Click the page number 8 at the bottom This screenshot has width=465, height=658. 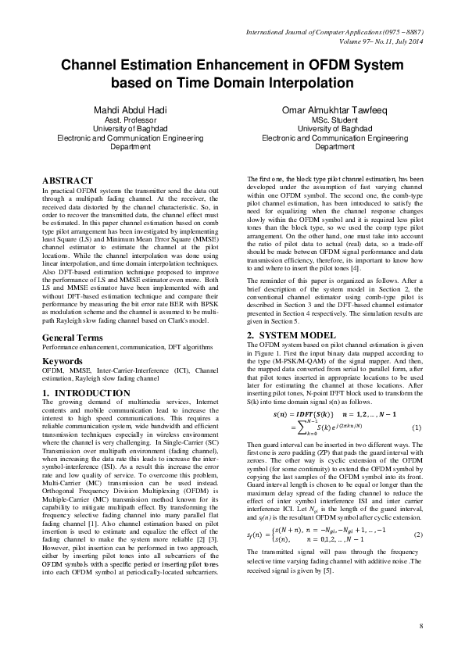(421, 627)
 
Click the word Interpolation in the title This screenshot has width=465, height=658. (307, 81)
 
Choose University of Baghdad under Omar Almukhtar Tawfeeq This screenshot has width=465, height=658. (334, 128)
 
